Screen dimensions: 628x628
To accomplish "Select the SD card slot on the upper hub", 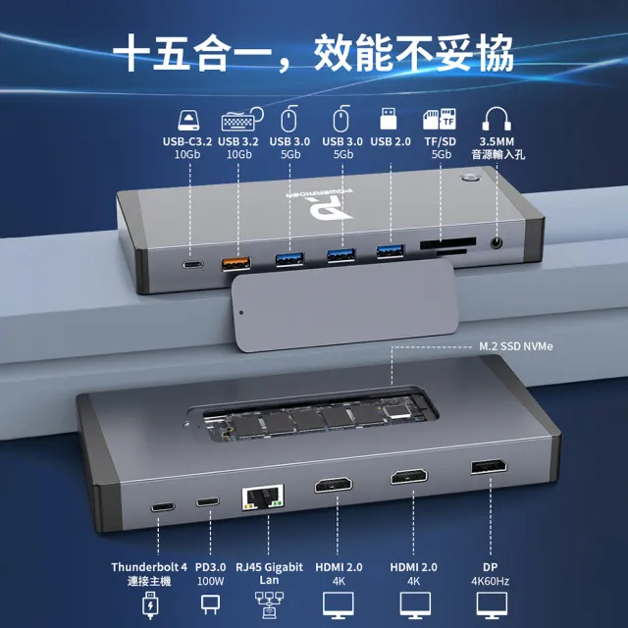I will coord(447,241).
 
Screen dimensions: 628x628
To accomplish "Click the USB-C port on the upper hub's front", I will coord(189,264).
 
